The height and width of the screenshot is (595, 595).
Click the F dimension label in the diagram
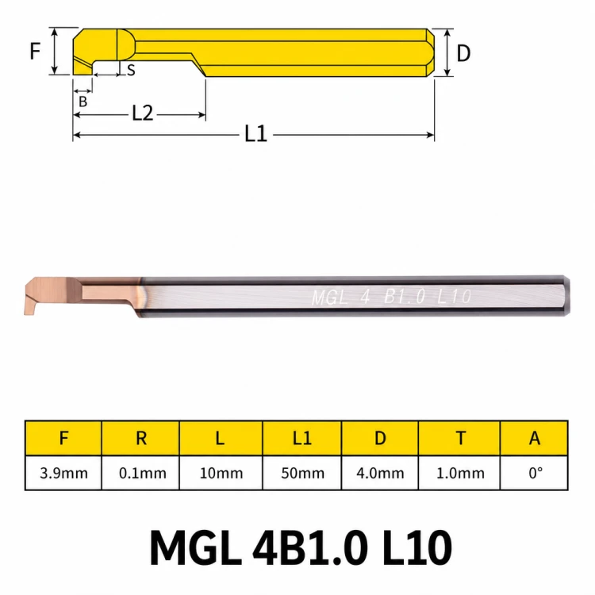point(35,52)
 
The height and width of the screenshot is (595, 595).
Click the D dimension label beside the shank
point(463,53)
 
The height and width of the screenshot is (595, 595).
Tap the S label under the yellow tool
point(131,70)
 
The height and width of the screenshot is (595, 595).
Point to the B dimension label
point(83,102)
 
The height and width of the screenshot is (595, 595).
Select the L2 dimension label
point(143,113)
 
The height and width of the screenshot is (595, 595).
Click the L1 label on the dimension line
point(255,134)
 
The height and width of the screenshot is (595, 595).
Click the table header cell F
point(63,438)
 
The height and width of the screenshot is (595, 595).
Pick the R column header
point(140,438)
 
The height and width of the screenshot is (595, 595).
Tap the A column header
point(534,438)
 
